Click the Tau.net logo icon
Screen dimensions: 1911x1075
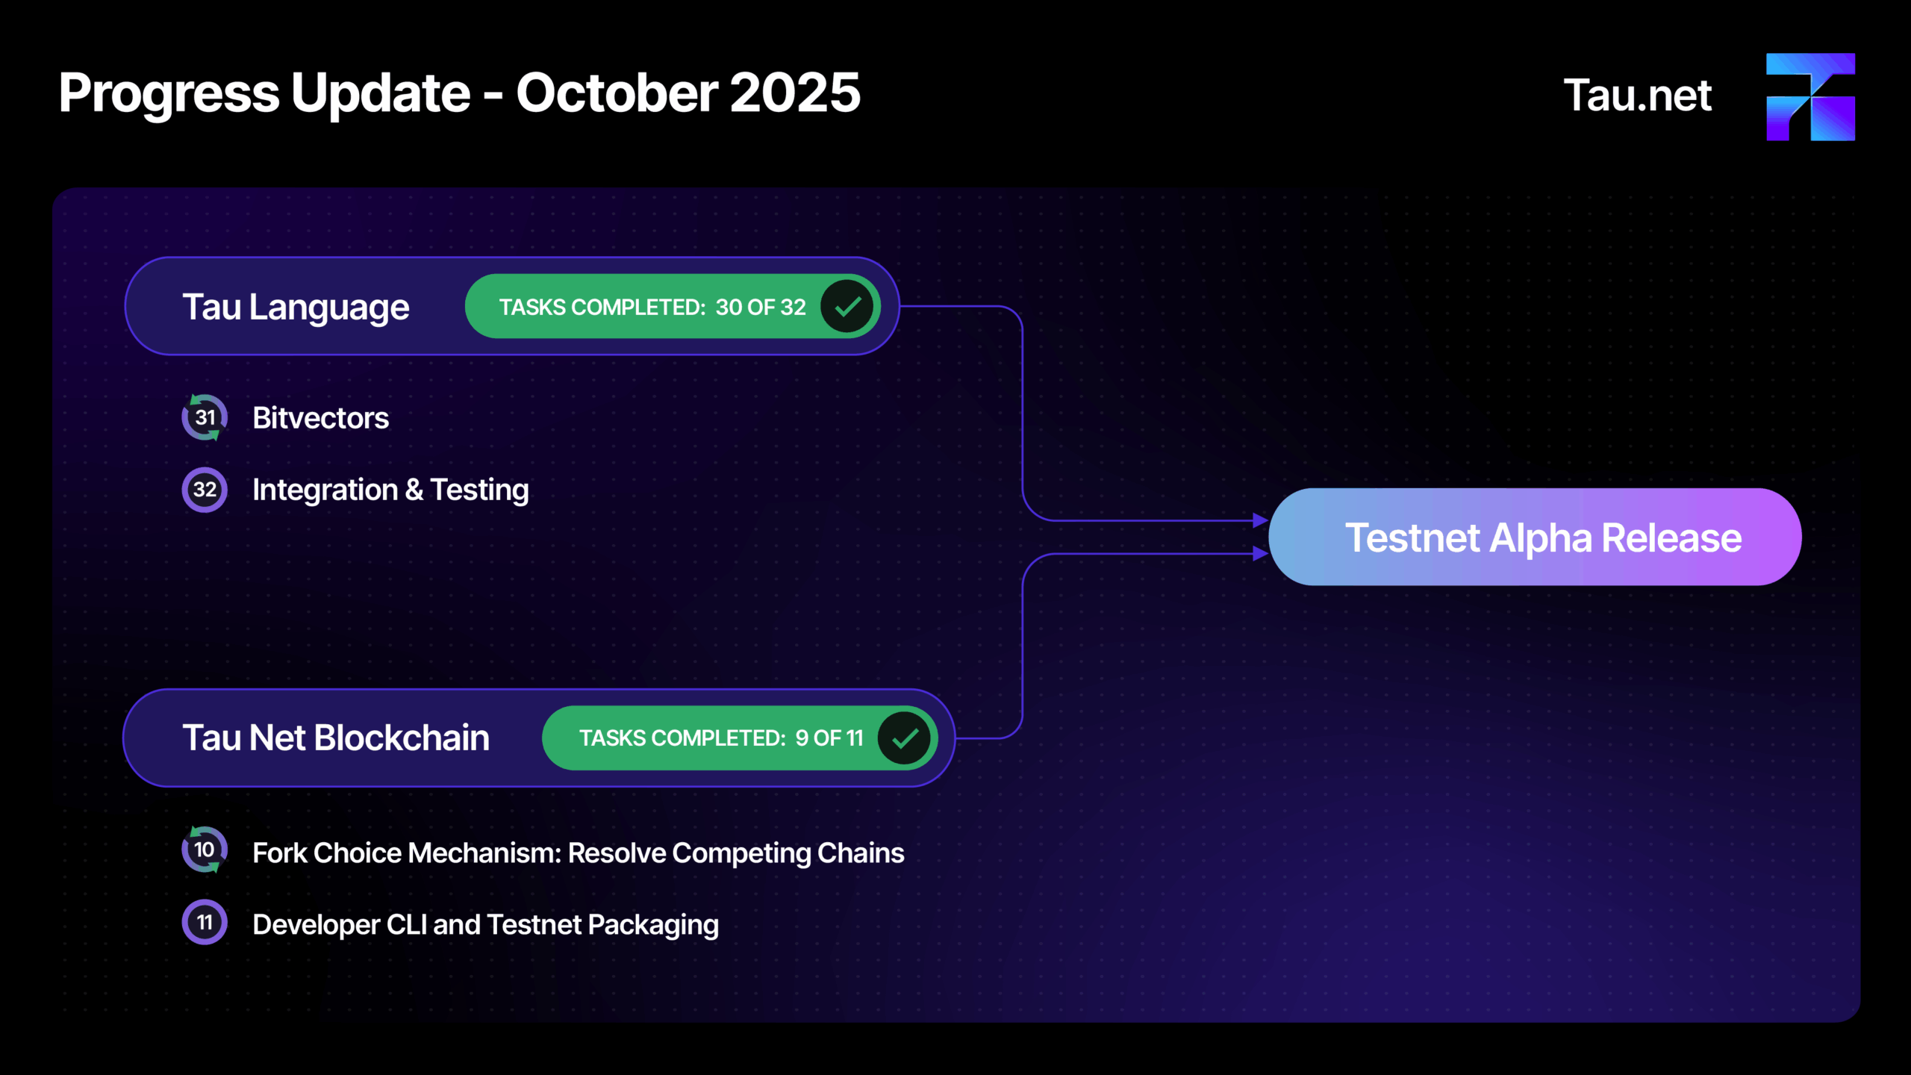pos(1810,97)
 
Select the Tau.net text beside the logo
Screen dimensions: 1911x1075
pos(1638,96)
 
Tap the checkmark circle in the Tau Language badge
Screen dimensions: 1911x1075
pos(847,306)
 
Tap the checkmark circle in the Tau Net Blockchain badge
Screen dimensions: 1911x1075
pos(905,738)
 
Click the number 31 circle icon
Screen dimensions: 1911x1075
pos(205,417)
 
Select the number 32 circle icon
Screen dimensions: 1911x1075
pos(205,490)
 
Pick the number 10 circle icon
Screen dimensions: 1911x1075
pos(205,850)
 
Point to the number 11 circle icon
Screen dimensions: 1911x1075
pos(205,922)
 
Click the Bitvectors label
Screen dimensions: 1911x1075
pos(321,418)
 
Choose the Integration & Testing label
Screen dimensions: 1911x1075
pos(390,490)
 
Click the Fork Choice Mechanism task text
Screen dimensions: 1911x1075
pos(579,853)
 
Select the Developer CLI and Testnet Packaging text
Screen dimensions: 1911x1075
pos(486,925)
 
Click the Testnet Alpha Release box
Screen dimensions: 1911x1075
pos(1535,537)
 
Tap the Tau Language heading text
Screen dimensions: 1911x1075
pos(296,307)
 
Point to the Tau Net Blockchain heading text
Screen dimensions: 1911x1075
pos(337,738)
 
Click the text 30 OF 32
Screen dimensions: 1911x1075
pos(761,307)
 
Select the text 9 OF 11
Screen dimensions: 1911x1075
pos(829,738)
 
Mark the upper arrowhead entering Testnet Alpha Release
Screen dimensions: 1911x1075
pos(1261,520)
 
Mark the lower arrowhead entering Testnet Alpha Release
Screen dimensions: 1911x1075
pos(1261,554)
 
